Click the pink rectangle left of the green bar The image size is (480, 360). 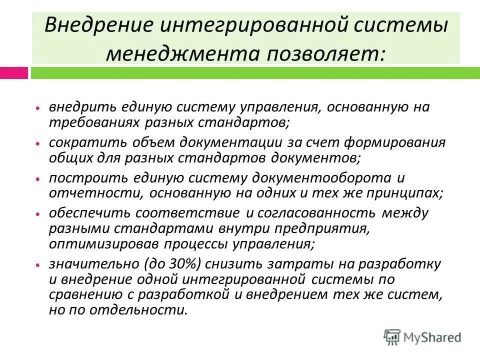[14, 73]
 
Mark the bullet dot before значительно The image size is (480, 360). [38, 263]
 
